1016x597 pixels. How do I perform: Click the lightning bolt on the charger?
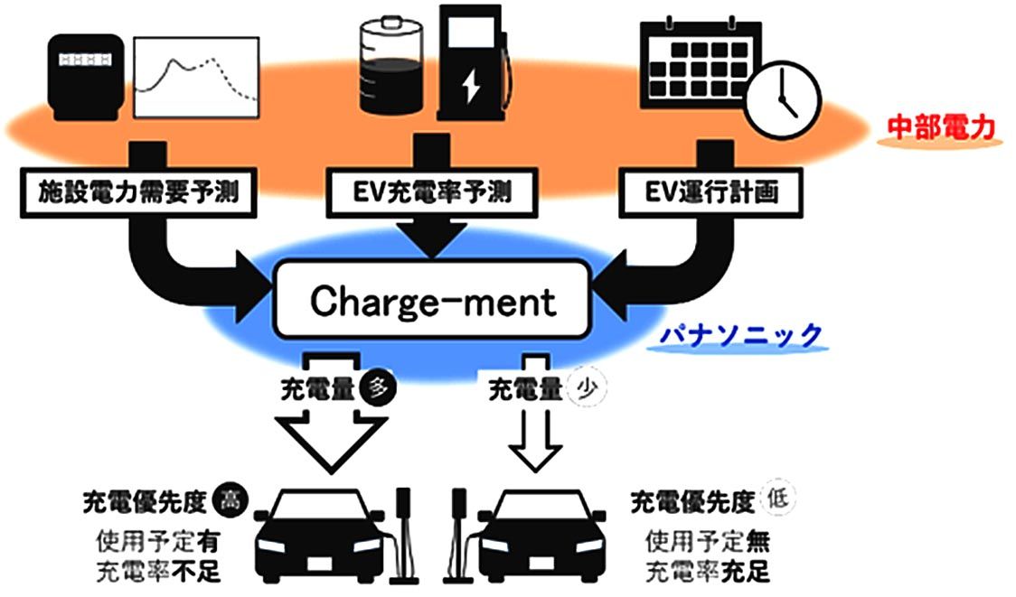471,86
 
